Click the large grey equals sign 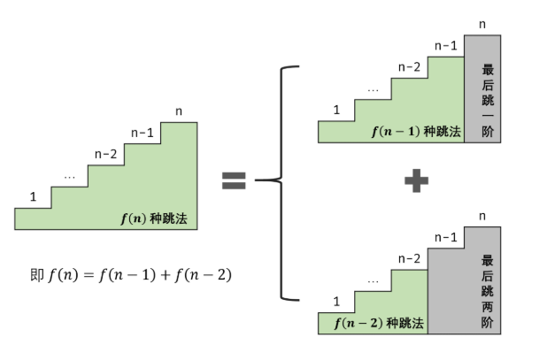tap(233, 181)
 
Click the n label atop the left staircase tap(180, 111)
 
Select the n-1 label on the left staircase tap(142, 133)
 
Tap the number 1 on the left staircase tap(33, 196)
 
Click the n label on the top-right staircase tap(482, 25)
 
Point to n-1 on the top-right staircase tap(446, 45)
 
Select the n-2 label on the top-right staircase tap(409, 66)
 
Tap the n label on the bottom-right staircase tap(482, 216)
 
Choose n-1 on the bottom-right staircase tap(446, 237)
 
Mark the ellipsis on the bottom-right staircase tap(373, 281)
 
